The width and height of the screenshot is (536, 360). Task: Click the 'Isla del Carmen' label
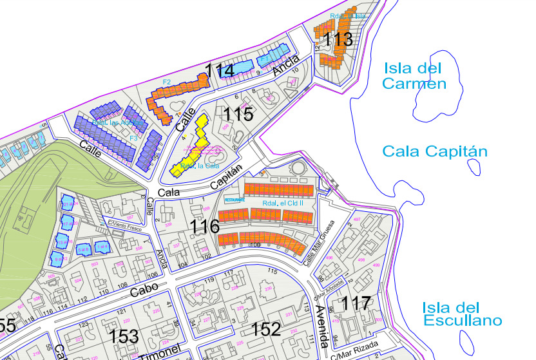point(414,75)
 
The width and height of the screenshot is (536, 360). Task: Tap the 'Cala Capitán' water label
point(435,151)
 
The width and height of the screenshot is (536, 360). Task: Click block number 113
point(338,39)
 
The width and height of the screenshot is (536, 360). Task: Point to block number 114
point(219,70)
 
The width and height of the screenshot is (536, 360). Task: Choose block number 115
point(238,114)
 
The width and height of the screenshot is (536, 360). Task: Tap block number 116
point(206,227)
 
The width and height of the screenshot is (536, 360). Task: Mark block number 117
point(356,303)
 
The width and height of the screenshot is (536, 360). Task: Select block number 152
point(266,328)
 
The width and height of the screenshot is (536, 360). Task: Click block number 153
point(124,336)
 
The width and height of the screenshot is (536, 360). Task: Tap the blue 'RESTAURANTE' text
point(235,200)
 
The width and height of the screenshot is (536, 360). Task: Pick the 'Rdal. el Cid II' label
point(283,204)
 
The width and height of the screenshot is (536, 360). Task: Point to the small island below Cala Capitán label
point(474,167)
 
